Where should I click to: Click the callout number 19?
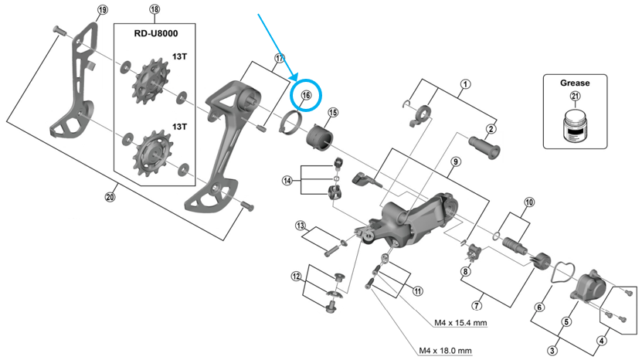pos(102,10)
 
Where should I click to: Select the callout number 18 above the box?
pos(155,10)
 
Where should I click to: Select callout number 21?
pos(574,95)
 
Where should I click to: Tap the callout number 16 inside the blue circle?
pos(306,95)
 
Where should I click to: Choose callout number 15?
pos(332,113)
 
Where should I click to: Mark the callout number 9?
pos(455,161)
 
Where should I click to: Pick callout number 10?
pos(528,202)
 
